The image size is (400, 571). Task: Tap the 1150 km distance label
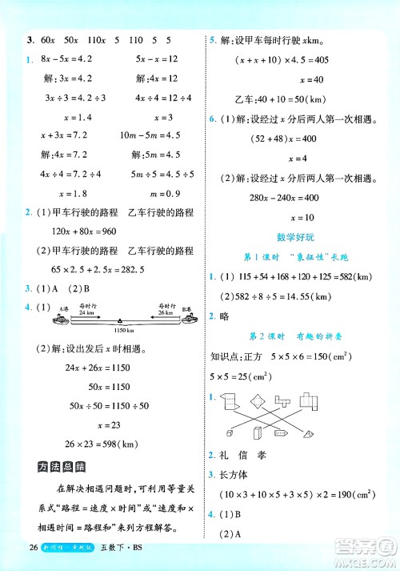122,330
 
